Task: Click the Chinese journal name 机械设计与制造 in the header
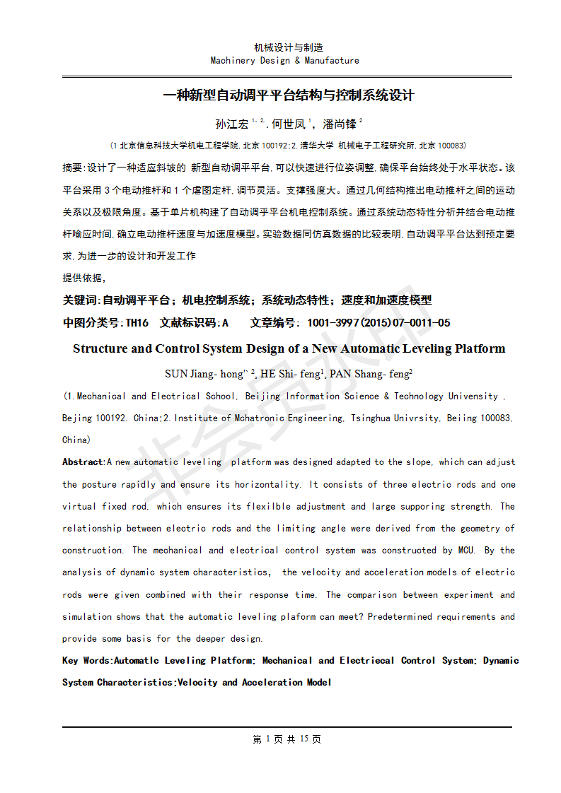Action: pos(288,47)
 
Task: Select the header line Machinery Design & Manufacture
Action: pos(284,61)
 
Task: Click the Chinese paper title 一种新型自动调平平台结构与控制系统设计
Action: pos(288,95)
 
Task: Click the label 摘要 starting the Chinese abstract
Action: pos(72,168)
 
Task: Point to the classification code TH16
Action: pos(137,323)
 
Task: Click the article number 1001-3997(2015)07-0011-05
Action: pos(378,323)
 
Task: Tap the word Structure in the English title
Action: pos(100,348)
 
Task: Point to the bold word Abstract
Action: pos(83,462)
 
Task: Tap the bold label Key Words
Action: pos(87,661)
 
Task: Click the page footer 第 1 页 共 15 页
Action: pos(287,739)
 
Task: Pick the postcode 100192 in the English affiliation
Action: pos(112,418)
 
